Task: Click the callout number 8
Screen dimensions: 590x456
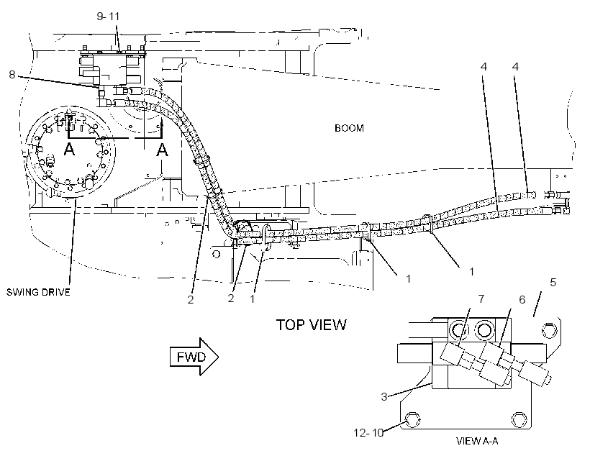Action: click(12, 75)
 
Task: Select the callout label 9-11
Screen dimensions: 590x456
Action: click(108, 16)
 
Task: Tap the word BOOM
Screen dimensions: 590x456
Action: click(349, 128)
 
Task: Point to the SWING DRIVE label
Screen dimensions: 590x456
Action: click(38, 292)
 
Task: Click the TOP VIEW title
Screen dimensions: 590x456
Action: click(311, 324)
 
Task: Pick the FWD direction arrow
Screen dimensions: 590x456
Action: click(194, 356)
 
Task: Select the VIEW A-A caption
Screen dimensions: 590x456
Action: click(477, 441)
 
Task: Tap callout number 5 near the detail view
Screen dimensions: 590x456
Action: click(553, 282)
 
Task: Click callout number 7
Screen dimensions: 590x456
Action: click(481, 298)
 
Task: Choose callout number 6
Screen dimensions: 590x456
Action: click(522, 299)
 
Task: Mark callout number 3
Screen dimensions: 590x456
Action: click(383, 396)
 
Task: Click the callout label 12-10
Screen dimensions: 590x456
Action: click(368, 433)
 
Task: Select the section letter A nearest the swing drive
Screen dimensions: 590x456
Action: click(69, 150)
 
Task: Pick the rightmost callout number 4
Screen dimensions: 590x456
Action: click(515, 67)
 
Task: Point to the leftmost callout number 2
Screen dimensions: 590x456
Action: click(191, 299)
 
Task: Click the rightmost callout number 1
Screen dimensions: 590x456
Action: click(471, 271)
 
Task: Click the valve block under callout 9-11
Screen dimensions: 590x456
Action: click(112, 70)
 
